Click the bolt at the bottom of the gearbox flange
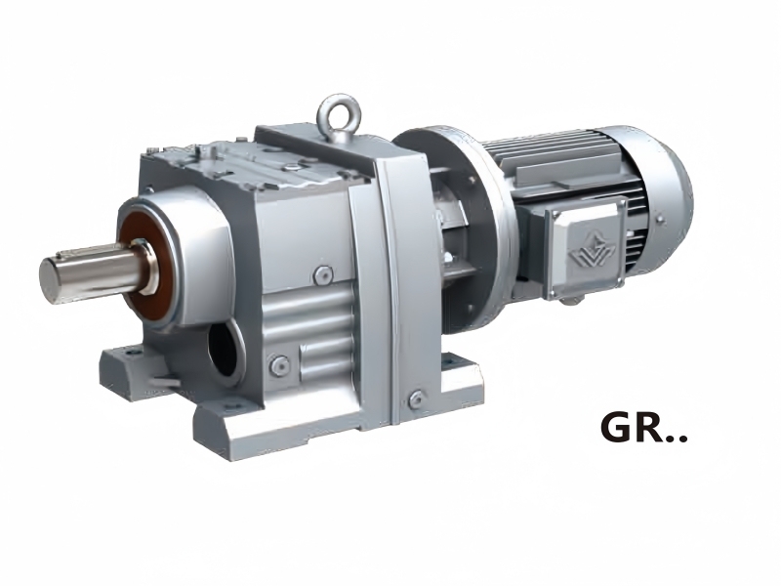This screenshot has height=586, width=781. [417, 398]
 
